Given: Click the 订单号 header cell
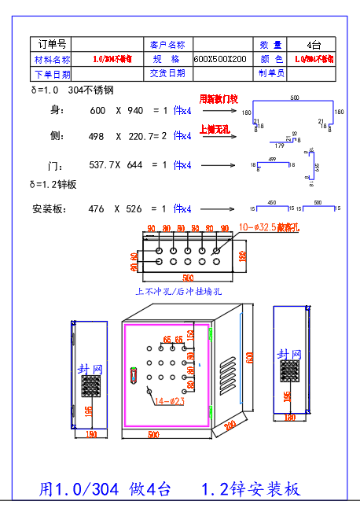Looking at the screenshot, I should click(52, 44).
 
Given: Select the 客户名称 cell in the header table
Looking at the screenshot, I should click(167, 44).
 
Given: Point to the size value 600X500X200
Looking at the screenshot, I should click(220, 59).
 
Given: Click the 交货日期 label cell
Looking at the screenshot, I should click(167, 73).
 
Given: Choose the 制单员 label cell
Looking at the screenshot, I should click(271, 73).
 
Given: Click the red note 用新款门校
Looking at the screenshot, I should click(218, 100).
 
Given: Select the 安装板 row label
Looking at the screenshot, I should click(50, 209).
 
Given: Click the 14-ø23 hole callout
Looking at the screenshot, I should click(169, 401).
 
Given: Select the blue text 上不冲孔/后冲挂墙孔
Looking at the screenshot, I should click(179, 291).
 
